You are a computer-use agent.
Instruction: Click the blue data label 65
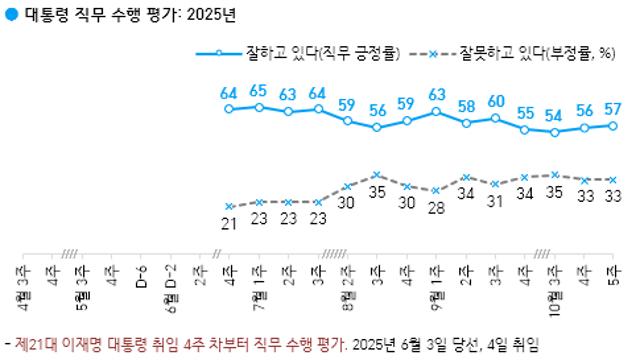tap(258, 91)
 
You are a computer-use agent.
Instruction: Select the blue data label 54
tap(554, 116)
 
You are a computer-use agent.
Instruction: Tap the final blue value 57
tap(613, 109)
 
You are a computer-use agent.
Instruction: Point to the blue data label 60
tap(495, 102)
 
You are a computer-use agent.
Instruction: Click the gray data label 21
tap(229, 222)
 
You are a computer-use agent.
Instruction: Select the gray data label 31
tap(495, 201)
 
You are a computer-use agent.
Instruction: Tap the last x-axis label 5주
tap(613, 272)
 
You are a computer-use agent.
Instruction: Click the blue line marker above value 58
tap(466, 123)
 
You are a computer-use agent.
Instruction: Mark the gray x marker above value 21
tap(229, 206)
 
